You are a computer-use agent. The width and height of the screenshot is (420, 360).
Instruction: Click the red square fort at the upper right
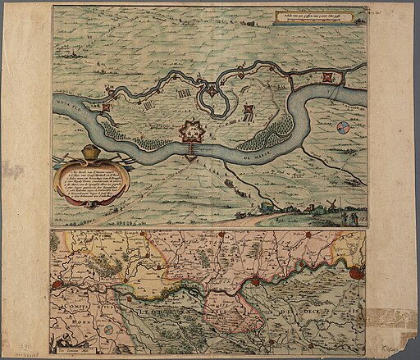click(329, 79)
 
